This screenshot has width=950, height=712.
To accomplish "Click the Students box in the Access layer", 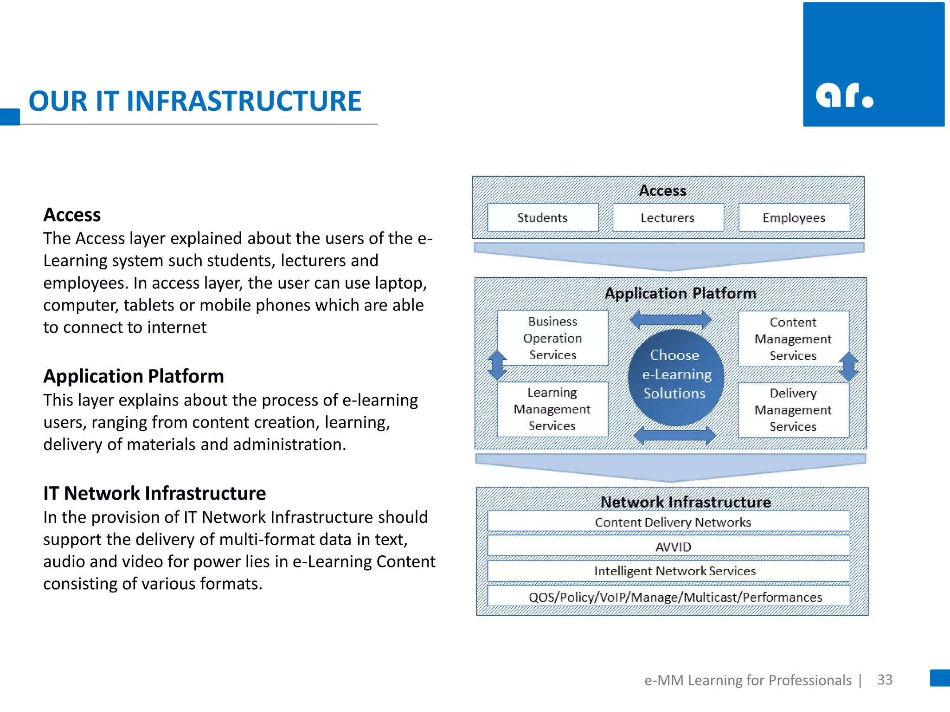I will point(542,217).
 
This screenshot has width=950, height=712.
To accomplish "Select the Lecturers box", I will point(668,217).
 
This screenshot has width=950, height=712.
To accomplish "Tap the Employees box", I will point(794,217).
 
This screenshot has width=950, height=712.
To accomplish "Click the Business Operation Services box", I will point(552,338).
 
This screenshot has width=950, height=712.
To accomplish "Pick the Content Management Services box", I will point(793,338).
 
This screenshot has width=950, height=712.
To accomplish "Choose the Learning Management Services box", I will point(552,409).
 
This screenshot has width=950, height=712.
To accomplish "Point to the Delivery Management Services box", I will point(793,410).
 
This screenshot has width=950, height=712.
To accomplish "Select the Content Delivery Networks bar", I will point(673,522).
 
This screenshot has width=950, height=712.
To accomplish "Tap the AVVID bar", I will point(673,547).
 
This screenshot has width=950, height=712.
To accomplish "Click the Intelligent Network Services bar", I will point(674,571).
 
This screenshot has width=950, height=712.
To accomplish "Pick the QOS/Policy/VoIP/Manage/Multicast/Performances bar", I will point(675,597).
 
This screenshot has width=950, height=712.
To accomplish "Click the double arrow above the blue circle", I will point(671,319).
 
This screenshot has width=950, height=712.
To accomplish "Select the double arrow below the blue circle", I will point(674,435).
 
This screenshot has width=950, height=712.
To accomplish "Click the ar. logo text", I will point(844,95).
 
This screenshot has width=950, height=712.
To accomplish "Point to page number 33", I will point(885,680).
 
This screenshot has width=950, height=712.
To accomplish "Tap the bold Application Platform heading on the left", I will point(134,376).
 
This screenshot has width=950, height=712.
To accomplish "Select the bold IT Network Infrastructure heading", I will point(154,493).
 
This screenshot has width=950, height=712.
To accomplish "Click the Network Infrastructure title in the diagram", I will point(685,502).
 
